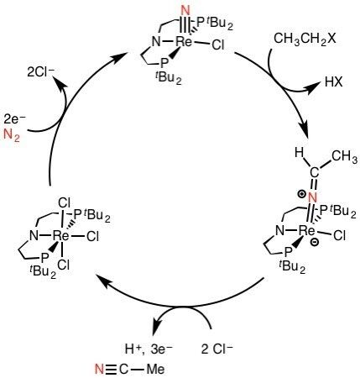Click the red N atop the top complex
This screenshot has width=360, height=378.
[185, 11]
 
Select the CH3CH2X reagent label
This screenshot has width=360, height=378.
[305, 39]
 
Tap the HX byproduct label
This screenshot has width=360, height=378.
[333, 82]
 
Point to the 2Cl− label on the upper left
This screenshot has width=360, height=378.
[41, 72]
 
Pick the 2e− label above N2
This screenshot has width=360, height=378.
[14, 120]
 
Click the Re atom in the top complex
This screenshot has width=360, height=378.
[184, 42]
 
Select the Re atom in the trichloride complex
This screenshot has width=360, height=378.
[60, 236]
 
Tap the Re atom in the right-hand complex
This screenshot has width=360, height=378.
[307, 230]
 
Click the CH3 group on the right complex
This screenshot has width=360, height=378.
[345, 157]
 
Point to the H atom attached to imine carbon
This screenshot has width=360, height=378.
[299, 153]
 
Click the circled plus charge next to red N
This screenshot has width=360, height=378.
[301, 194]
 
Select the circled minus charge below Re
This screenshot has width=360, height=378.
[315, 243]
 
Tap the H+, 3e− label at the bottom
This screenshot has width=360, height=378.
[149, 349]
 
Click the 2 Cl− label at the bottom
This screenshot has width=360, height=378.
[217, 349]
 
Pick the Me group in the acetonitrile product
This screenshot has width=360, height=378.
[155, 370]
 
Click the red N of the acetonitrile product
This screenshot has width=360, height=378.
[99, 370]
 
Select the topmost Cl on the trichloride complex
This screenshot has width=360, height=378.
[64, 202]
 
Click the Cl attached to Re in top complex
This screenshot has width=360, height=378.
[218, 45]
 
